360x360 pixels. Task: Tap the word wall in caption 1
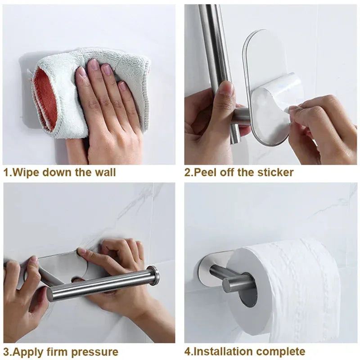(x=105, y=172)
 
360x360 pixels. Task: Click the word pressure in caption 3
(x=96, y=352)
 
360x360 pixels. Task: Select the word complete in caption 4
(x=283, y=352)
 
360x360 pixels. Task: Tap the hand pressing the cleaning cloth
(x=108, y=108)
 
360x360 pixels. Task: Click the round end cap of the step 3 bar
(x=154, y=275)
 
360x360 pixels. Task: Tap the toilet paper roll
(x=288, y=279)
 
